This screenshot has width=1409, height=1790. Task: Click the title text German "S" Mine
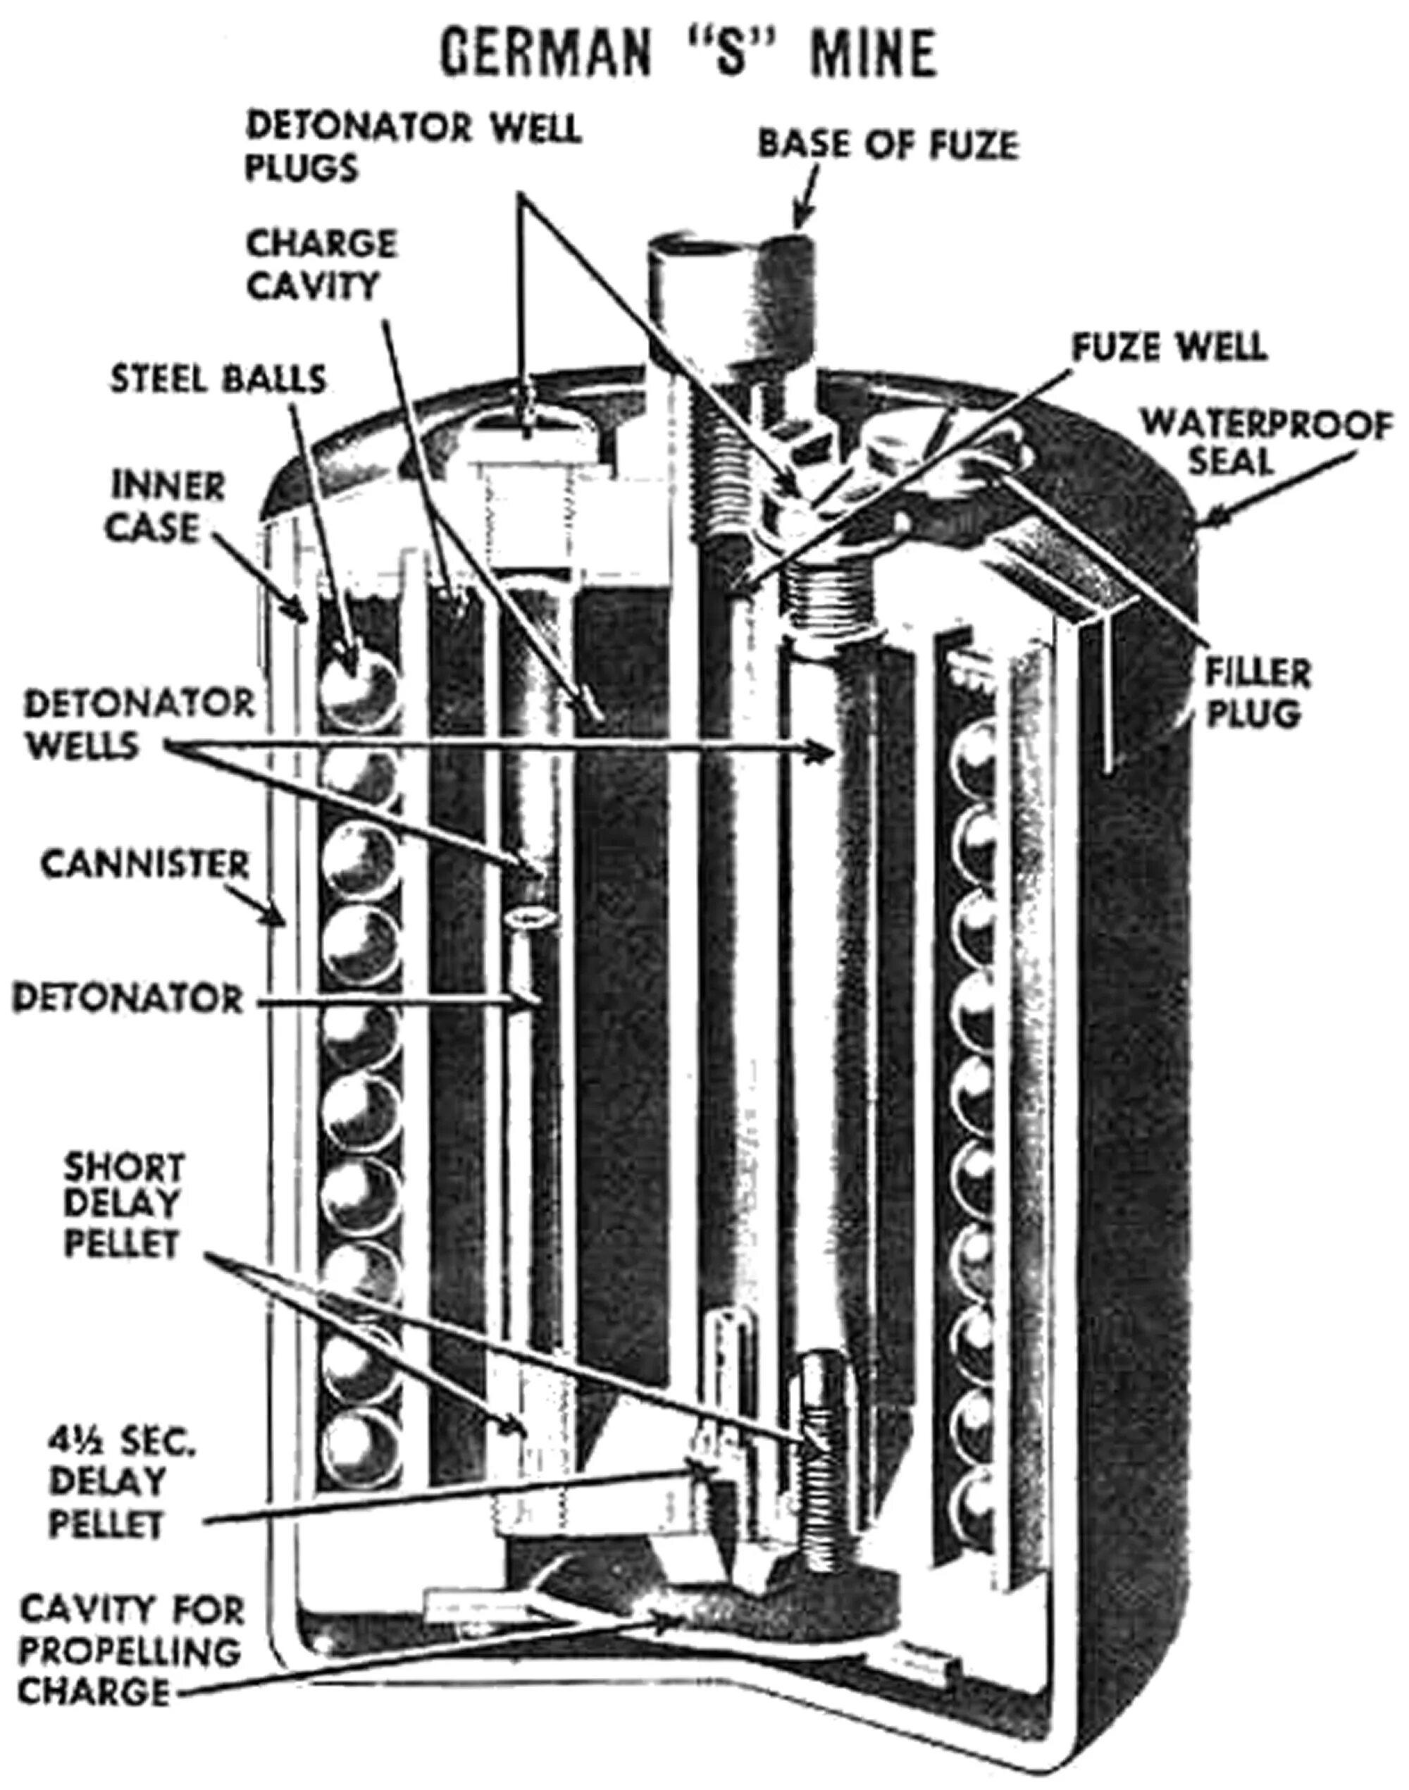(688, 54)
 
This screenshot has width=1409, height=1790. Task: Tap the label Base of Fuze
(888, 145)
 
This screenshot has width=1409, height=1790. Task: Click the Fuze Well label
(1168, 347)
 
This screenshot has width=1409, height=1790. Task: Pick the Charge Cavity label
(322, 264)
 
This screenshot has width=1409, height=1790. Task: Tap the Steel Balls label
(219, 379)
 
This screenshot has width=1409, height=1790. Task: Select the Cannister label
(144, 865)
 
